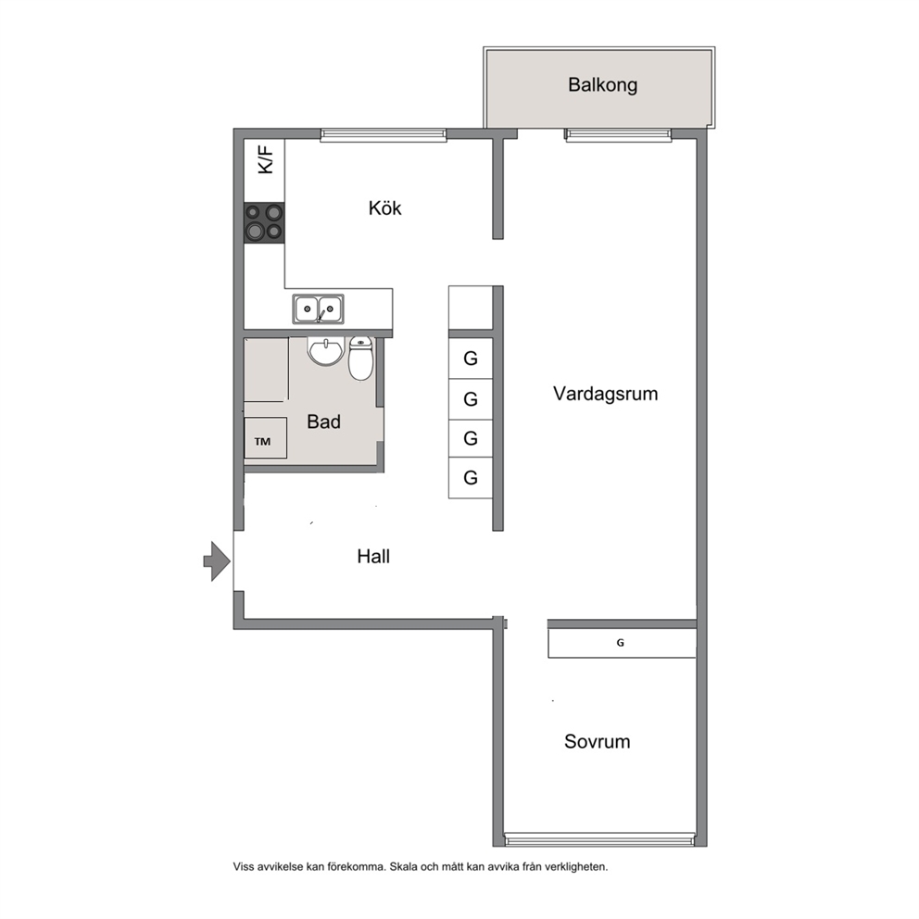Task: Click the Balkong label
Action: (602, 85)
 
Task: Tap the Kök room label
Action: (385, 208)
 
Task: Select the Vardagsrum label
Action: (606, 394)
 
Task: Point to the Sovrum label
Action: (598, 741)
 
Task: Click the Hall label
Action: (373, 556)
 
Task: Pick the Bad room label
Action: (323, 422)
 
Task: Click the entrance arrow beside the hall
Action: (217, 561)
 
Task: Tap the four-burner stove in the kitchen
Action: (264, 222)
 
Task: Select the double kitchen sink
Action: (319, 308)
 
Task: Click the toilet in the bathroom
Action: (360, 359)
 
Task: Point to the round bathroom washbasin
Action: (326, 351)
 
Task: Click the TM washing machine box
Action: (266, 438)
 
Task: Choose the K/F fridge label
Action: (266, 160)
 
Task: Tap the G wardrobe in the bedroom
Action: (622, 643)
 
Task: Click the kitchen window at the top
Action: (384, 135)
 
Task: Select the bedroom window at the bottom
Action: (599, 840)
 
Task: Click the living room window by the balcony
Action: (618, 135)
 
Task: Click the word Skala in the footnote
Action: (404, 867)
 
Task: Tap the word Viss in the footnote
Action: (244, 867)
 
